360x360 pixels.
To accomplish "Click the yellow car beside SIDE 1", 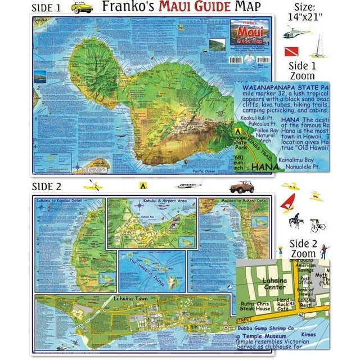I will (82, 8).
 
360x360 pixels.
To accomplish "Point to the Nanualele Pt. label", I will (305, 166).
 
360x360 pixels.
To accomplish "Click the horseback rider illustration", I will (296, 221).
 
